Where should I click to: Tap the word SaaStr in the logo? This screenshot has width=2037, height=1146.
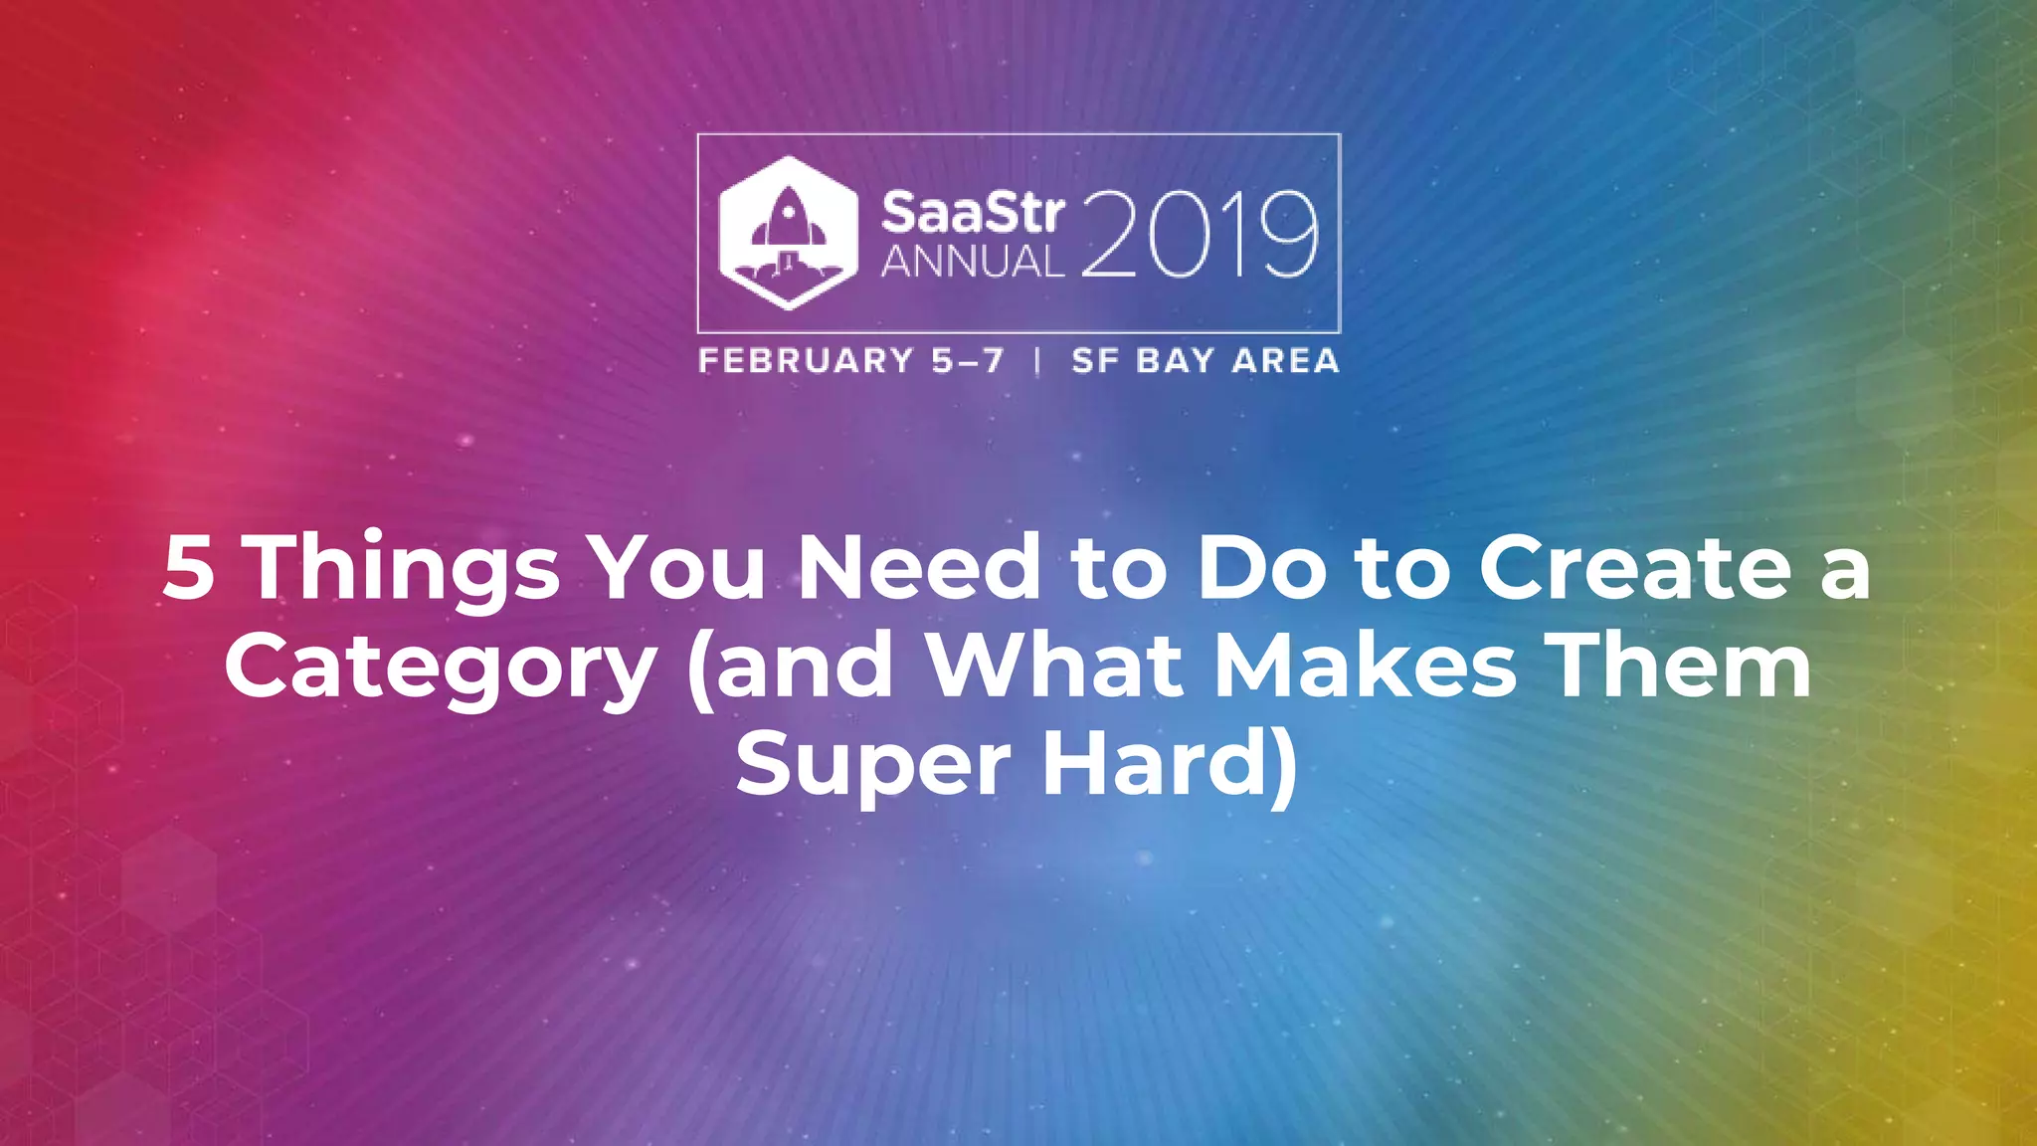pos(972,213)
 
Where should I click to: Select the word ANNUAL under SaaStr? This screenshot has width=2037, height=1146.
pos(972,262)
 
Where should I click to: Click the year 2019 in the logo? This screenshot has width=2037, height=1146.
pos(1199,235)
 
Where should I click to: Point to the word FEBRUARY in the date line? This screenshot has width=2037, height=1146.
pos(806,360)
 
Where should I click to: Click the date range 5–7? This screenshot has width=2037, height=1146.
pos(968,360)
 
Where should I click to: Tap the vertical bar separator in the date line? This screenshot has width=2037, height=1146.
pos(1037,360)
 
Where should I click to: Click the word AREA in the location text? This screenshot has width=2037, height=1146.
pos(1285,360)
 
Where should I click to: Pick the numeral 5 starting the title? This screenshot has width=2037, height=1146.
pos(188,568)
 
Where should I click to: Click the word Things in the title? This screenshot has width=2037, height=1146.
pos(404,570)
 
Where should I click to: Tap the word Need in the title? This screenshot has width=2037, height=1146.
pos(919,568)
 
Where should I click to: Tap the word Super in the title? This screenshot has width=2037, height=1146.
pos(873,768)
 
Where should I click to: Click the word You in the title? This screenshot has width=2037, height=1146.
pos(679,568)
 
